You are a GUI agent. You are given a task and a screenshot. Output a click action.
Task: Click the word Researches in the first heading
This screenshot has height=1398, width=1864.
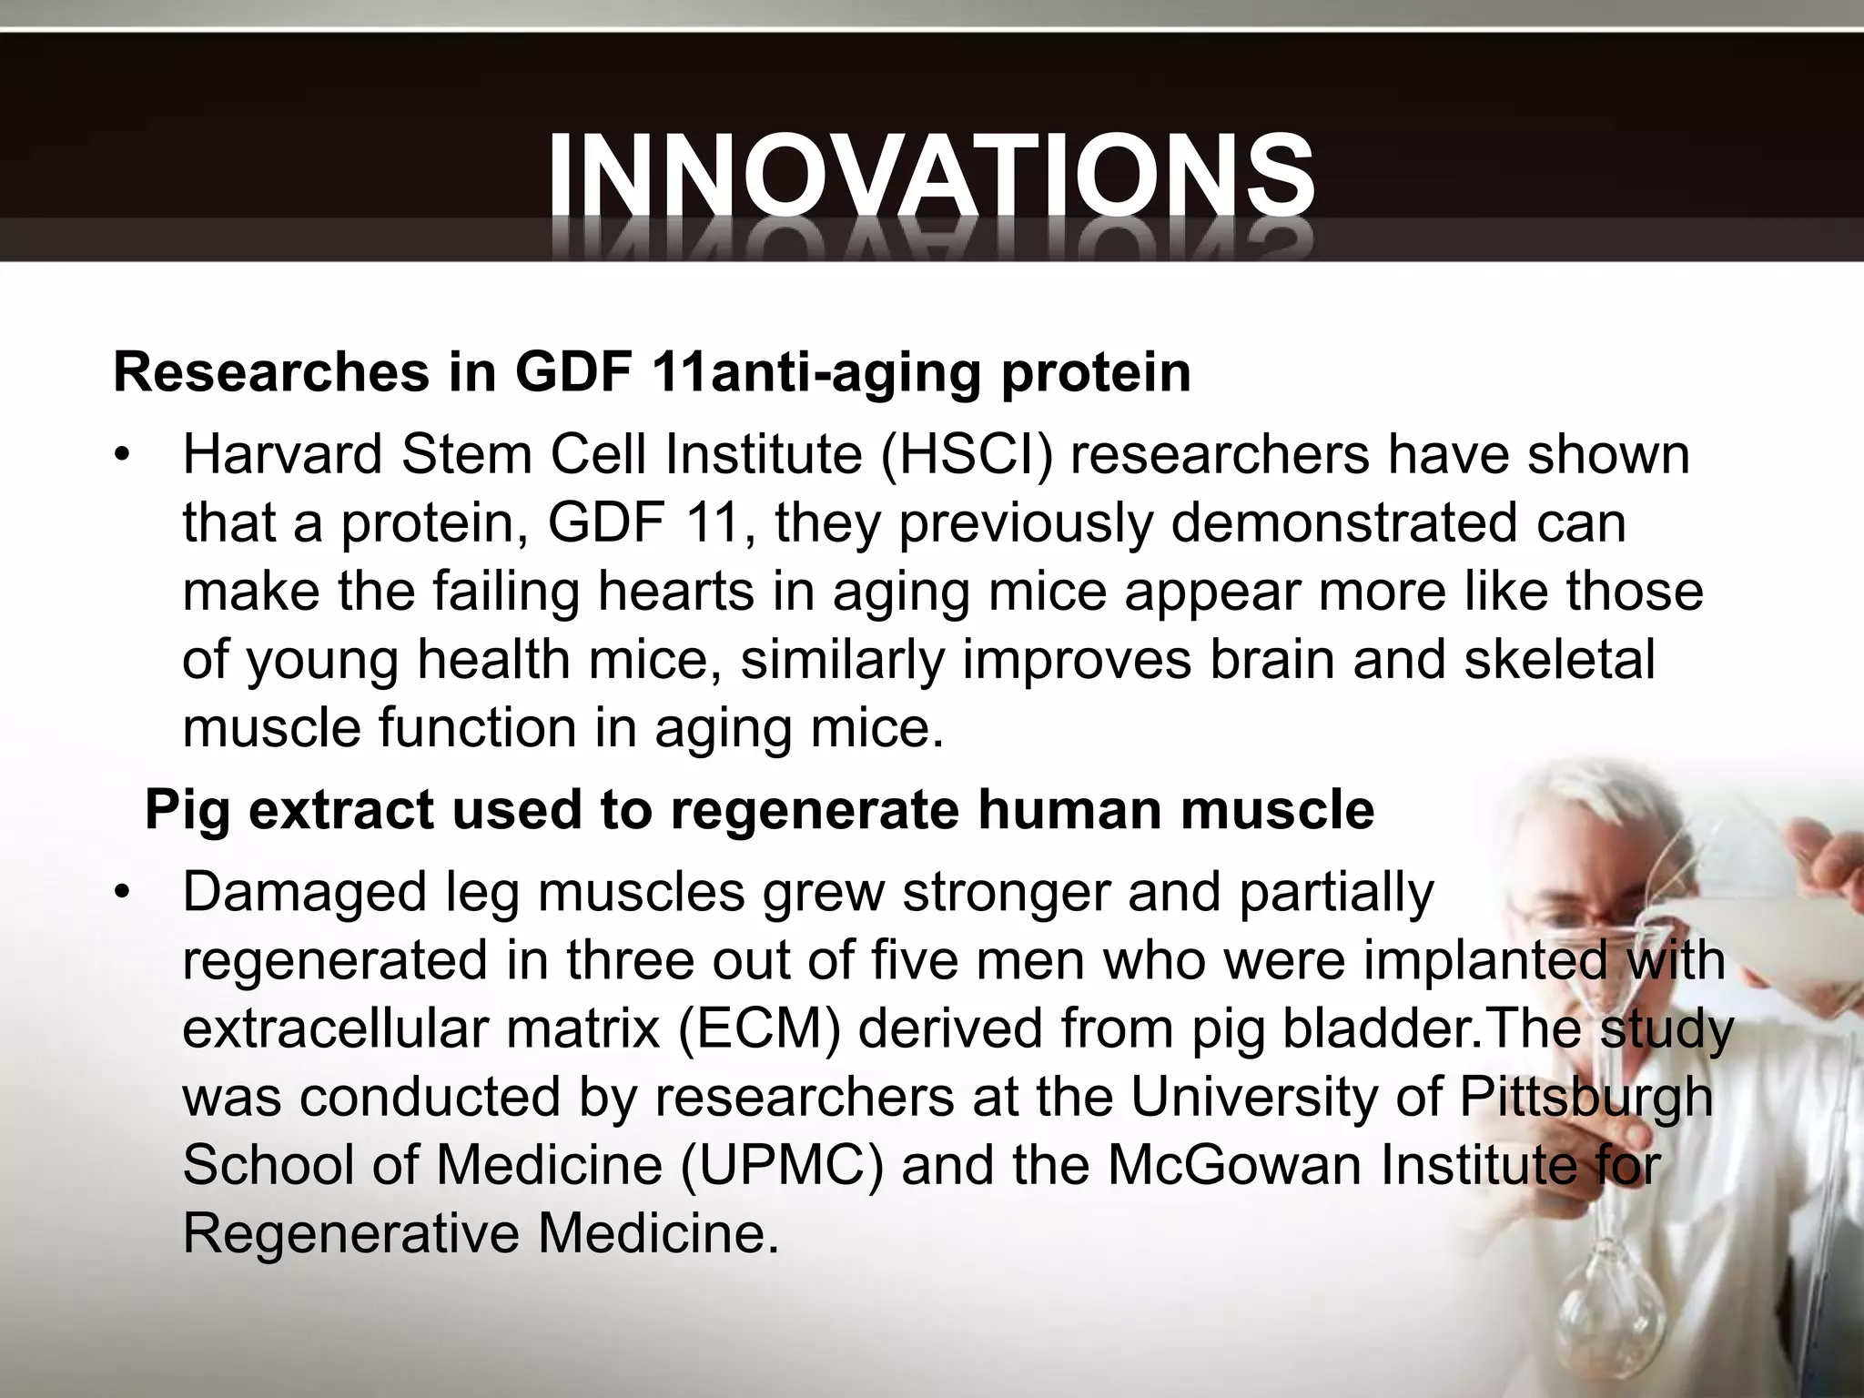[270, 372]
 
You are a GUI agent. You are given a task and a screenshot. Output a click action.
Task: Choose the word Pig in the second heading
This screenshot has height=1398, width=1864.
[187, 809]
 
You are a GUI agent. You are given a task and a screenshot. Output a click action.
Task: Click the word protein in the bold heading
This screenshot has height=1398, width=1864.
[1096, 372]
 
